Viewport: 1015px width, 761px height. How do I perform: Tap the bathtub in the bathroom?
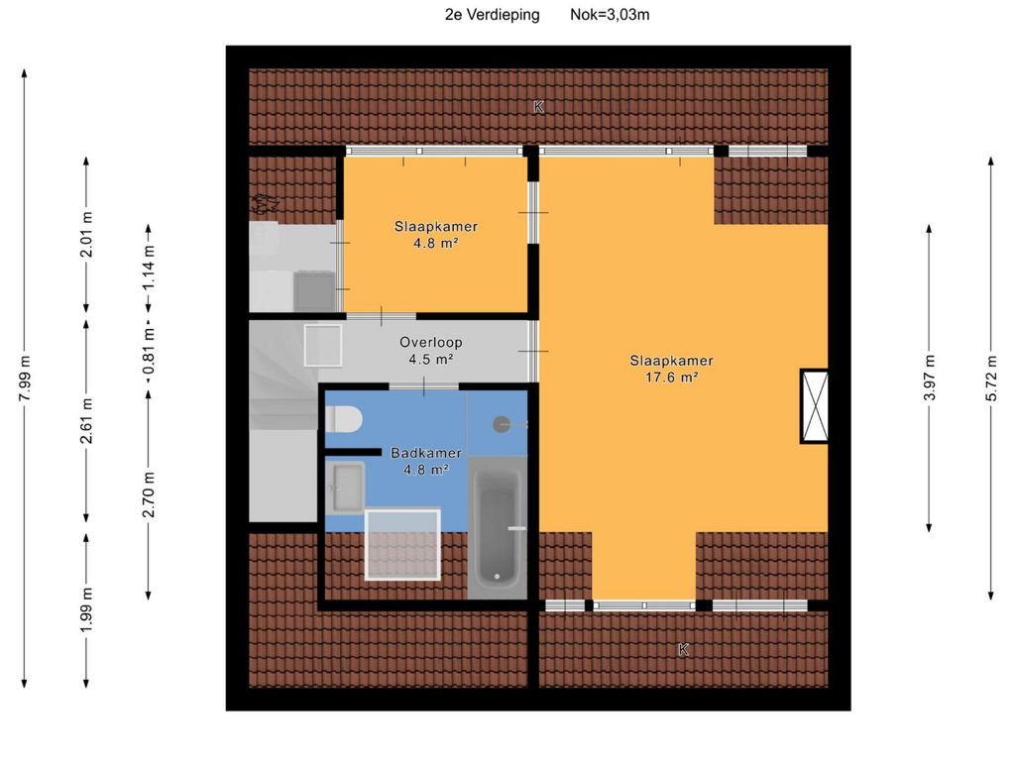click(498, 527)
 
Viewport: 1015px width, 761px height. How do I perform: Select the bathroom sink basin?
click(345, 488)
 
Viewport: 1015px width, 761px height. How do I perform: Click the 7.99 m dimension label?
click(24, 379)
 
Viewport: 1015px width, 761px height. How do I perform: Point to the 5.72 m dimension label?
click(991, 379)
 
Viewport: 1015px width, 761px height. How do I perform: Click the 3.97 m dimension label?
click(930, 379)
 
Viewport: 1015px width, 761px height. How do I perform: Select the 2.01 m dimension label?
click(86, 234)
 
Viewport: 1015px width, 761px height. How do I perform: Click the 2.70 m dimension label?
click(149, 494)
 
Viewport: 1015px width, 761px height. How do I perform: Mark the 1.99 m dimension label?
click(86, 610)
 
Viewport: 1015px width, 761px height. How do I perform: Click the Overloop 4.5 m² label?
click(430, 350)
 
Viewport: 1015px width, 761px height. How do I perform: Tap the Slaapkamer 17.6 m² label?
click(671, 369)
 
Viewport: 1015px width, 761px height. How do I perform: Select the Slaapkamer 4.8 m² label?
click(436, 234)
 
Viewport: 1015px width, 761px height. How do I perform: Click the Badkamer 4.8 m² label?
click(426, 461)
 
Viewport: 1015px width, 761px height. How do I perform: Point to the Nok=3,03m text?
click(610, 14)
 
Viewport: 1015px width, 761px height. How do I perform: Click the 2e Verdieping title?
click(492, 14)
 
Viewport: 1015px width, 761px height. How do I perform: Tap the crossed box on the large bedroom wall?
click(815, 405)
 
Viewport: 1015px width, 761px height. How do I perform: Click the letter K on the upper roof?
click(538, 107)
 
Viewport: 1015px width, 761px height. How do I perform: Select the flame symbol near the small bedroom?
click(265, 204)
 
